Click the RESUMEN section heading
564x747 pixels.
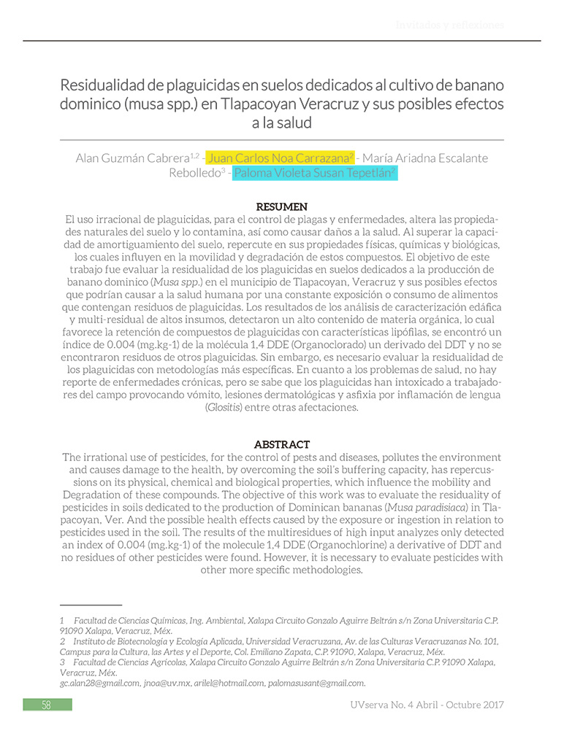(x=281, y=206)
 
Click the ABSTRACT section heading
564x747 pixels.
(x=281, y=444)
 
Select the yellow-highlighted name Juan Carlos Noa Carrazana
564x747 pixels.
(x=281, y=158)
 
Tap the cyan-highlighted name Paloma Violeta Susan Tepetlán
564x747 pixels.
(x=315, y=174)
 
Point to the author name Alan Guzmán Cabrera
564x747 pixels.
(x=132, y=158)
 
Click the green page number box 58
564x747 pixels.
(x=47, y=705)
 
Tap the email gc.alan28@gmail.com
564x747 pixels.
(x=99, y=683)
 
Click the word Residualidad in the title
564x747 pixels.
(x=105, y=85)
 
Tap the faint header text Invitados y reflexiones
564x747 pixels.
(x=449, y=26)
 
